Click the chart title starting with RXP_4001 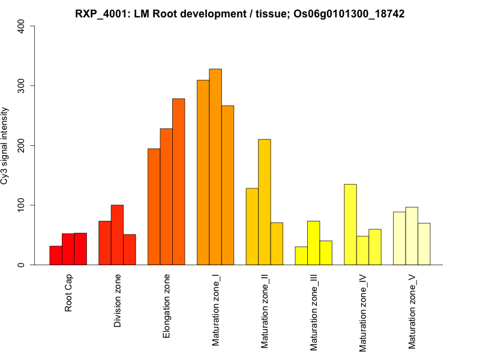pyautogui.click(x=240, y=13)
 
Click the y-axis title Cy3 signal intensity pyautogui.click(x=5, y=145)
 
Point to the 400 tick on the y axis pyautogui.click(x=22, y=26)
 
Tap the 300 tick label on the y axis pyautogui.click(x=22, y=86)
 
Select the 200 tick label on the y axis pyautogui.click(x=22, y=145)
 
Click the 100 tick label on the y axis pyautogui.click(x=22, y=205)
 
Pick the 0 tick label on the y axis pyautogui.click(x=22, y=265)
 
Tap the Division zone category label pyautogui.click(x=118, y=301)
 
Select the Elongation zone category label pyautogui.click(x=167, y=305)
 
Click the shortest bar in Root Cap pyautogui.click(x=56, y=256)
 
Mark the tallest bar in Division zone pyautogui.click(x=118, y=235)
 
